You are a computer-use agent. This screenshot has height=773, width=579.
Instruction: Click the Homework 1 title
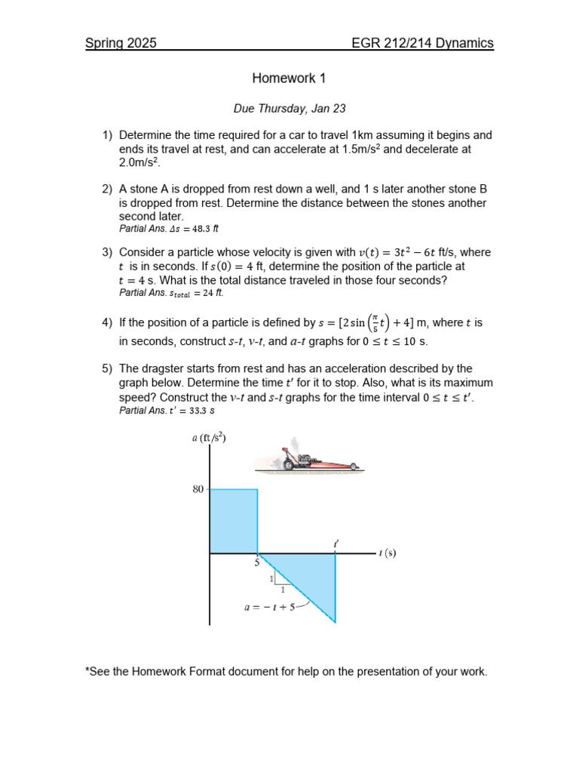coord(289,78)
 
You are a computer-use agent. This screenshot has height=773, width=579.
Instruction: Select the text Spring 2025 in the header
coord(121,43)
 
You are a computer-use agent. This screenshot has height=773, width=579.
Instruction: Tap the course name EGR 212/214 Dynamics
coord(422,43)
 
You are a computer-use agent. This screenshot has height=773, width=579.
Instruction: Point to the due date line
coord(289,109)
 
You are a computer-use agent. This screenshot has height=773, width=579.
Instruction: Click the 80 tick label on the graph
coord(198,489)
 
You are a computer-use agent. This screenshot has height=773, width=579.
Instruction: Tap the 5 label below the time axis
coord(256,562)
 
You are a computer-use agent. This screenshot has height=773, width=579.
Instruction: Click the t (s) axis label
coord(387,553)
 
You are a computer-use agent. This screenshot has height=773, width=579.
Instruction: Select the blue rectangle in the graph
coord(234,521)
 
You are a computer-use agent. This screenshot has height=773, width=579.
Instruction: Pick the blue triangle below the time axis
coord(309,577)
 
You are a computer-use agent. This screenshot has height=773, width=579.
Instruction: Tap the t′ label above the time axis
coord(335,543)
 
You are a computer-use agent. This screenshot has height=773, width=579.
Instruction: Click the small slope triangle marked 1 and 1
coord(280,580)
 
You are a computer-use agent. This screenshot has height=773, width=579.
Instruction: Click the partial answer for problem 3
coord(171,293)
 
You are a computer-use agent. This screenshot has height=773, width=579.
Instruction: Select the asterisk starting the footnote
coord(87,671)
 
